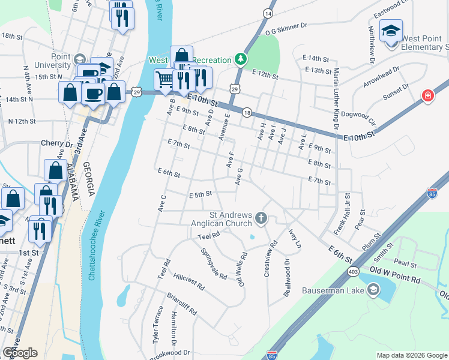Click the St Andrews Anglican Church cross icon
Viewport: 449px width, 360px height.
(x=261, y=217)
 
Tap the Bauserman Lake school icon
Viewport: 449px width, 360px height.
(x=373, y=291)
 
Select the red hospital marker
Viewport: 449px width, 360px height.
(x=427, y=96)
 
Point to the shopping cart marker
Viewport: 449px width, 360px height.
(x=164, y=79)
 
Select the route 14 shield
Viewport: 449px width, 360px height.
(x=268, y=13)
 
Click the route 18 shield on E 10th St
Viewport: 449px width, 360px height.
(x=247, y=112)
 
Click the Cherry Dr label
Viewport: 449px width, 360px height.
(x=56, y=143)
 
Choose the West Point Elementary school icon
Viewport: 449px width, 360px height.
(x=391, y=30)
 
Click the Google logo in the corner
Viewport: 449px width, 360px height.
(x=20, y=353)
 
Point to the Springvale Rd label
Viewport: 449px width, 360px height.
(x=214, y=264)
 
